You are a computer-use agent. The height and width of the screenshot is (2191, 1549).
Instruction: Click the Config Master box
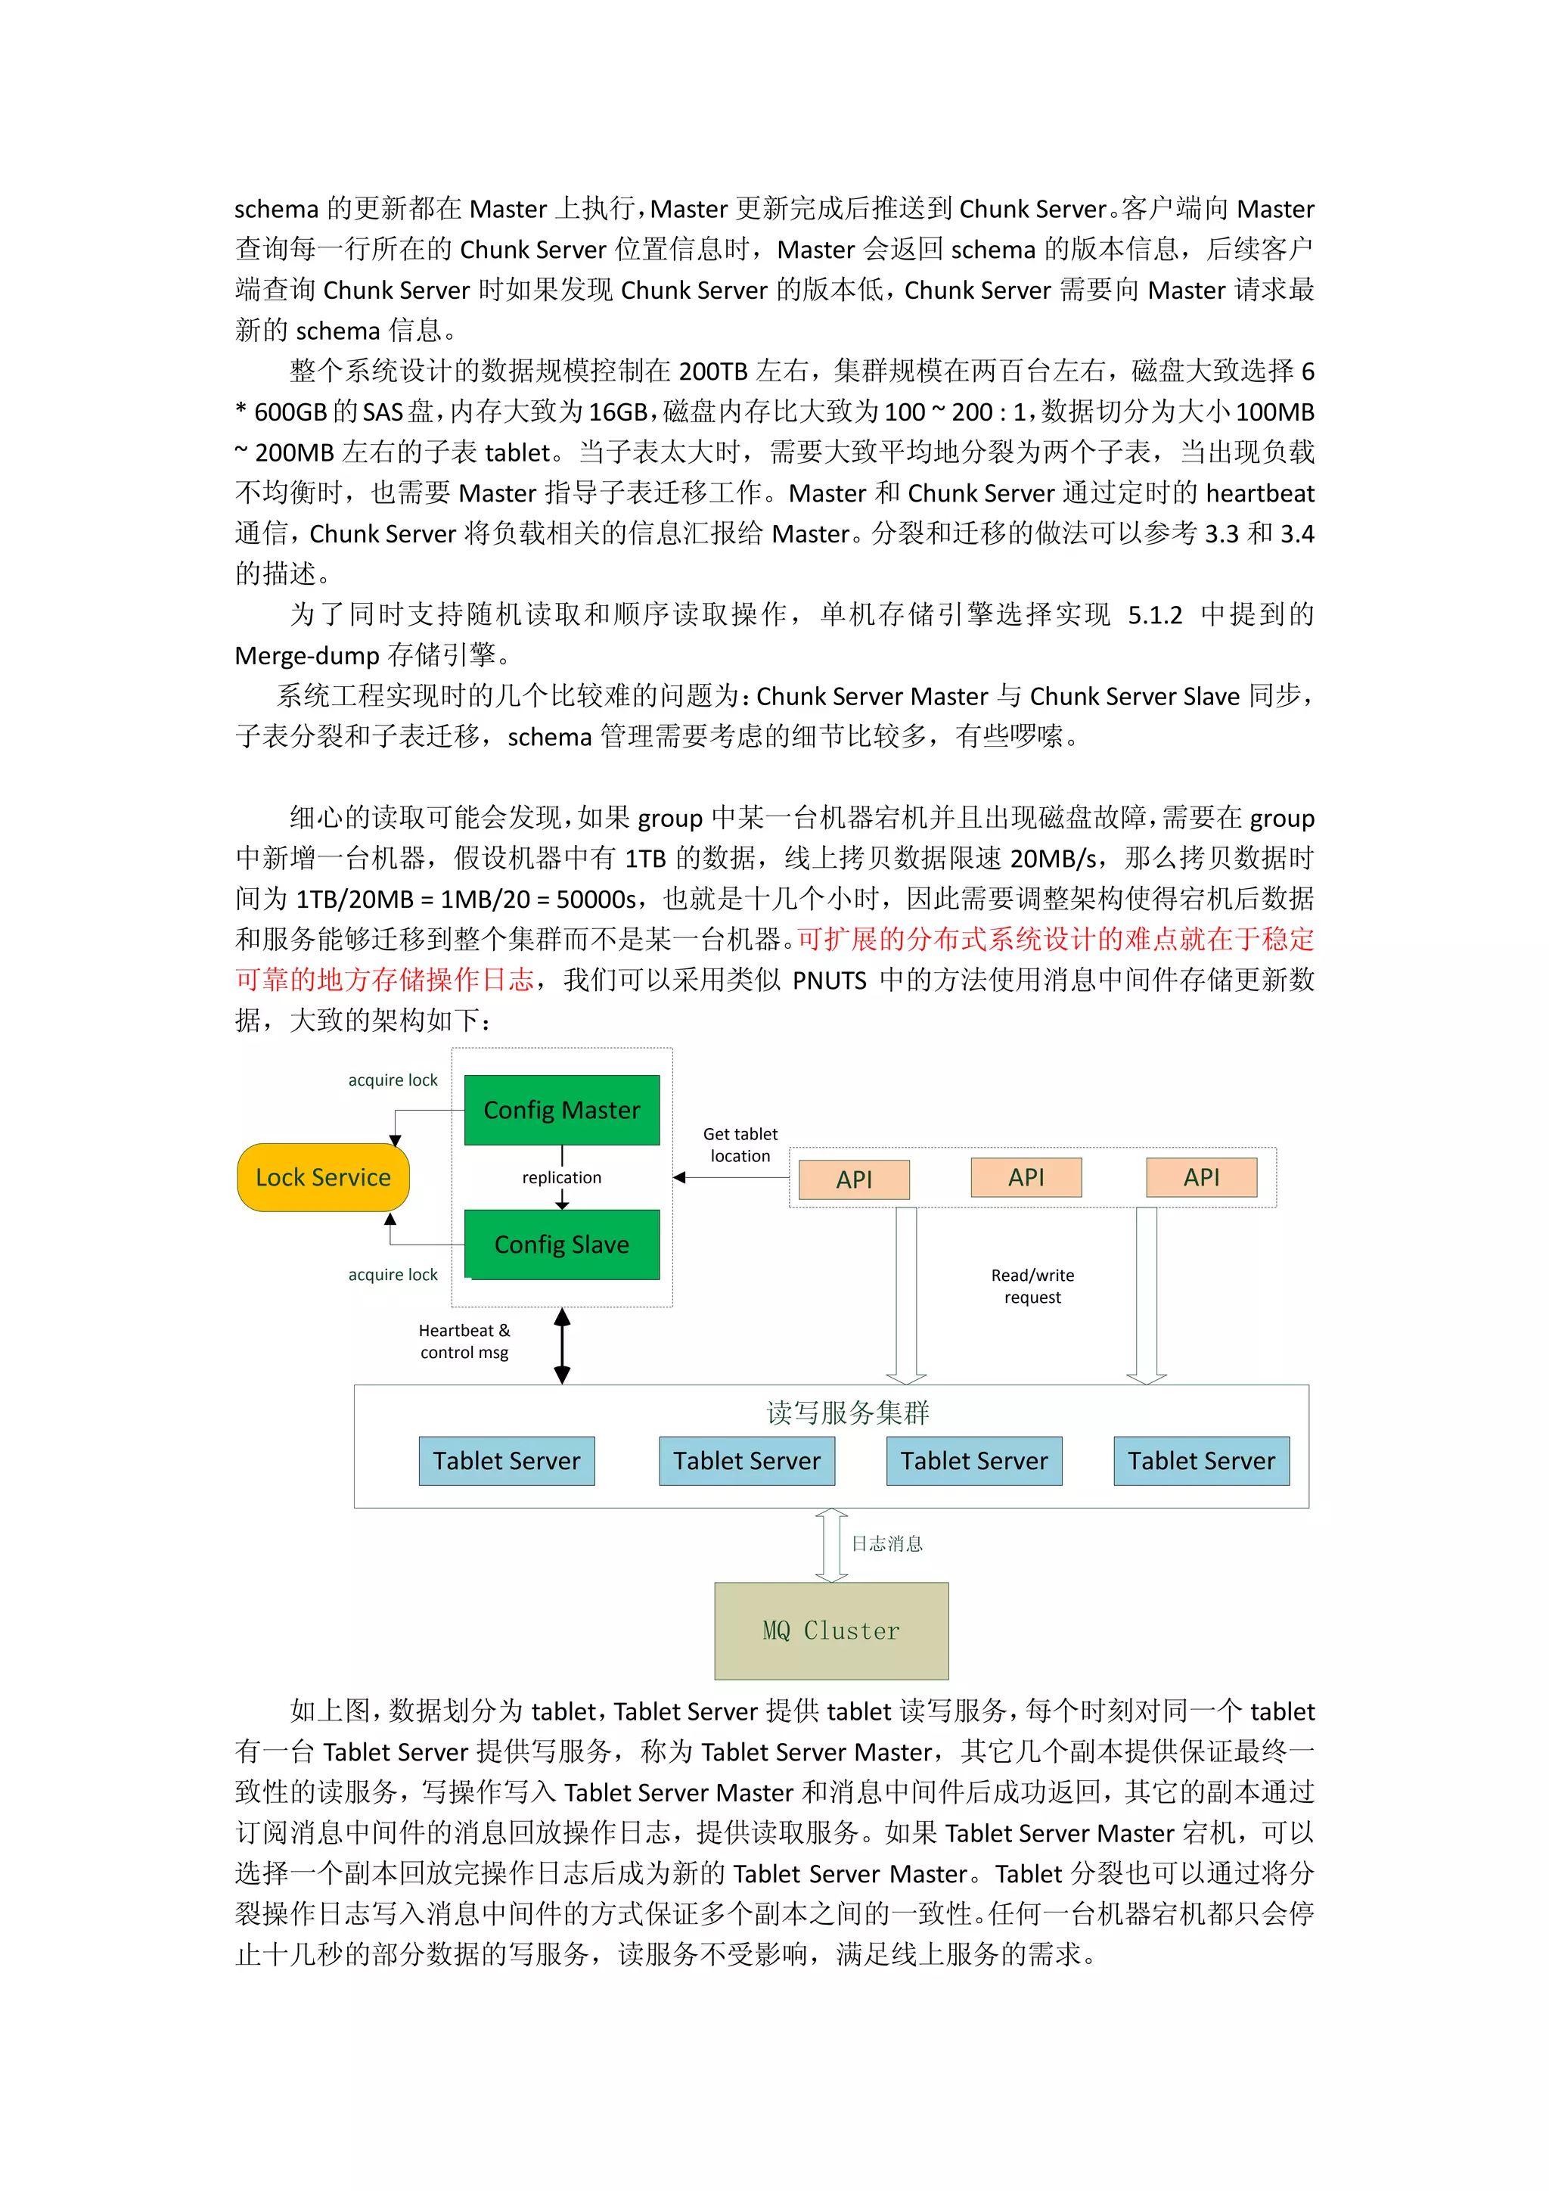[x=562, y=1110]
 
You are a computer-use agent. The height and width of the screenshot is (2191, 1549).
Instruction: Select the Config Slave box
[x=562, y=1245]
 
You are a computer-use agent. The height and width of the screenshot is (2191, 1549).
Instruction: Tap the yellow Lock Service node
[x=324, y=1177]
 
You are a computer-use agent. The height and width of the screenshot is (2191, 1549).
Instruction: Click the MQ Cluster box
[x=830, y=1631]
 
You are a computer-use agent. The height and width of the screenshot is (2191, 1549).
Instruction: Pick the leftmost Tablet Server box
[x=507, y=1461]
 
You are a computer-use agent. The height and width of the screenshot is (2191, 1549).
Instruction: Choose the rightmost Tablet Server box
[x=1201, y=1461]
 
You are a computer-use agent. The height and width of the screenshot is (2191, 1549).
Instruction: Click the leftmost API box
[x=854, y=1179]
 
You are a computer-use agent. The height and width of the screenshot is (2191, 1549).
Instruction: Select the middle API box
[x=1026, y=1177]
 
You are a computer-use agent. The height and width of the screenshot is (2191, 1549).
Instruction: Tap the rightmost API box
[x=1201, y=1177]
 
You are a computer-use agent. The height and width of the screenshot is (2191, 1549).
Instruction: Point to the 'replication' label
[x=562, y=1177]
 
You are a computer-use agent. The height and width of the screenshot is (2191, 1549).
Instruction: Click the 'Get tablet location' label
[x=740, y=1145]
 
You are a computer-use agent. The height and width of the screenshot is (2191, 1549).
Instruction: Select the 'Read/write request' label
[x=1032, y=1286]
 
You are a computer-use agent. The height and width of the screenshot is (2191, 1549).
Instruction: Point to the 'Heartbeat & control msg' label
[x=464, y=1341]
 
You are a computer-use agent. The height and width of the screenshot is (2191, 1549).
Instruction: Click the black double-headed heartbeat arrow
[x=563, y=1345]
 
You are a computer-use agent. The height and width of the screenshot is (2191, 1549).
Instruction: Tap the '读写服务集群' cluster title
[x=848, y=1412]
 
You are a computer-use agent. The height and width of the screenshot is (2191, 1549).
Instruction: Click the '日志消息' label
[x=887, y=1544]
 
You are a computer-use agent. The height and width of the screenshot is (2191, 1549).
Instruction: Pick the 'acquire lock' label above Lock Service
[x=393, y=1080]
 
